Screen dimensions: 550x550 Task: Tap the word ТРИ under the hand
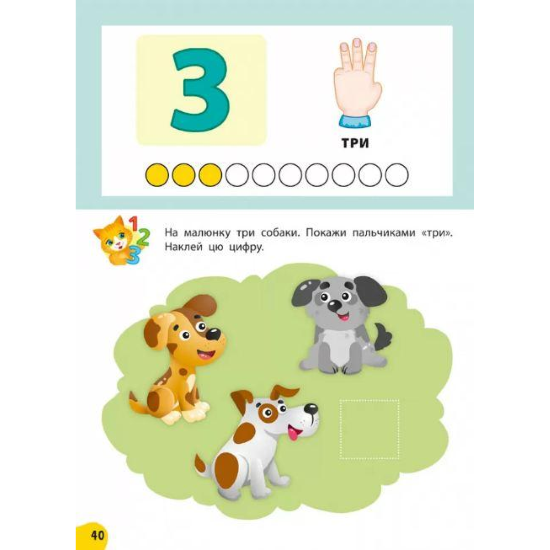[x=355, y=143]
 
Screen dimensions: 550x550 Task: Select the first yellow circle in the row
[x=157, y=175]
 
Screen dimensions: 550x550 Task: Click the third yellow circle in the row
[x=210, y=175]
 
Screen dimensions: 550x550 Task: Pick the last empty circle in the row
[x=397, y=175]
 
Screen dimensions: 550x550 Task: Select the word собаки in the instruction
[x=280, y=233]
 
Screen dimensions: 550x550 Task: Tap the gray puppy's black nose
[x=334, y=307]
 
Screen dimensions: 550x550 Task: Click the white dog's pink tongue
[x=293, y=438]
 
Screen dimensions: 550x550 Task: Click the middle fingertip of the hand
[x=356, y=43]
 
